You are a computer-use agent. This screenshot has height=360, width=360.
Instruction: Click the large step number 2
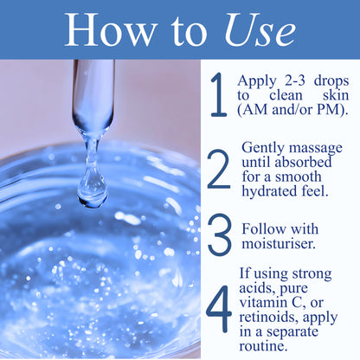(x=220, y=170)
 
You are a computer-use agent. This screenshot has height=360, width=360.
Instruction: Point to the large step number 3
(x=220, y=237)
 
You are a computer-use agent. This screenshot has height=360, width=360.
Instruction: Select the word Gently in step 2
(x=263, y=148)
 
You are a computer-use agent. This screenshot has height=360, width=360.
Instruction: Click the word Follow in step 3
(x=264, y=229)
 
